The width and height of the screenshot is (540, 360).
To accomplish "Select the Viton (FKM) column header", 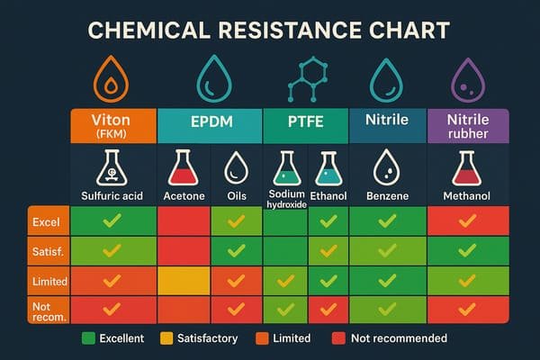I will point(113,126).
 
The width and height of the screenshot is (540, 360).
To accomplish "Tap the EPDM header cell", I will point(209,126).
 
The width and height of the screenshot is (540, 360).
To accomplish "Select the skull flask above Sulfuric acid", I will point(113,168).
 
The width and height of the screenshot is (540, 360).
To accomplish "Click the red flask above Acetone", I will point(184,168).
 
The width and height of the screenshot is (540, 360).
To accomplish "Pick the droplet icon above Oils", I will point(236,168).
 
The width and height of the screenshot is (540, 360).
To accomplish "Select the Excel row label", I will point(46,220).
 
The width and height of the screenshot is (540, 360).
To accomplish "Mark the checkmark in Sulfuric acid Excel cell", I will point(113,220).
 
